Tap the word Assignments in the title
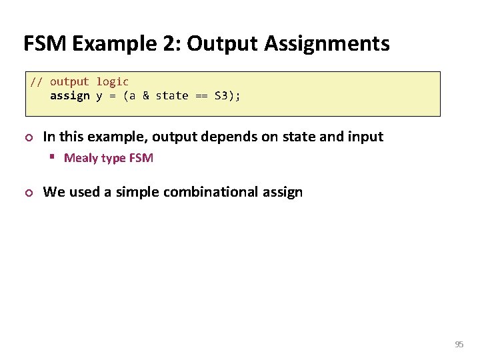(x=327, y=44)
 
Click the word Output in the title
(x=223, y=44)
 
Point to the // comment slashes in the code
(x=36, y=82)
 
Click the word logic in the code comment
(x=112, y=82)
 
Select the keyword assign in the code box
(x=69, y=96)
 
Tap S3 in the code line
(x=221, y=96)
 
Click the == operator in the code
(x=201, y=96)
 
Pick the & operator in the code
(x=145, y=96)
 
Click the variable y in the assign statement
(x=99, y=96)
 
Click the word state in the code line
(x=172, y=96)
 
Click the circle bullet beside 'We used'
(x=27, y=193)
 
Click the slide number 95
(x=459, y=345)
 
